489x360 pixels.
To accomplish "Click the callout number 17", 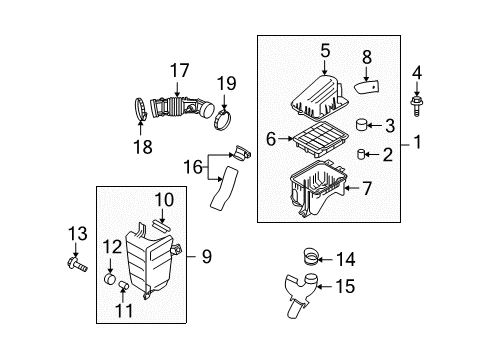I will (178, 70).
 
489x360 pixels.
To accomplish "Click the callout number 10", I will (163, 200).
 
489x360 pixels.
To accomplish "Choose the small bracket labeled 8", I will (370, 88).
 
